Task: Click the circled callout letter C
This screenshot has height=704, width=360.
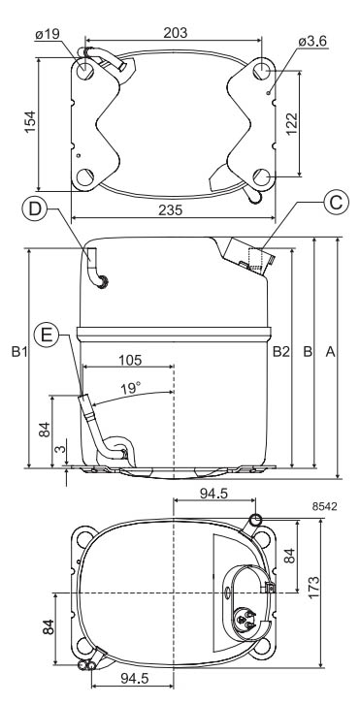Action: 336,203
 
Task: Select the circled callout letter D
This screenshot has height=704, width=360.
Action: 34,208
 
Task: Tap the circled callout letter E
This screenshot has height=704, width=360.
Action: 47,335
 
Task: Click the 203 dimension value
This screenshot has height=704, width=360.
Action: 175,33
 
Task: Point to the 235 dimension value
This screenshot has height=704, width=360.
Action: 171,210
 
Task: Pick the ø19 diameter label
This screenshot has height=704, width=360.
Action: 48,34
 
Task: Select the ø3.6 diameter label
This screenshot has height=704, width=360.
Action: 312,42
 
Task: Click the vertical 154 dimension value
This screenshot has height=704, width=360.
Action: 30,121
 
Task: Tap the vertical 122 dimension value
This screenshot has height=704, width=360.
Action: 291,123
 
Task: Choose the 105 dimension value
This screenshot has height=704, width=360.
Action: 130,360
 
